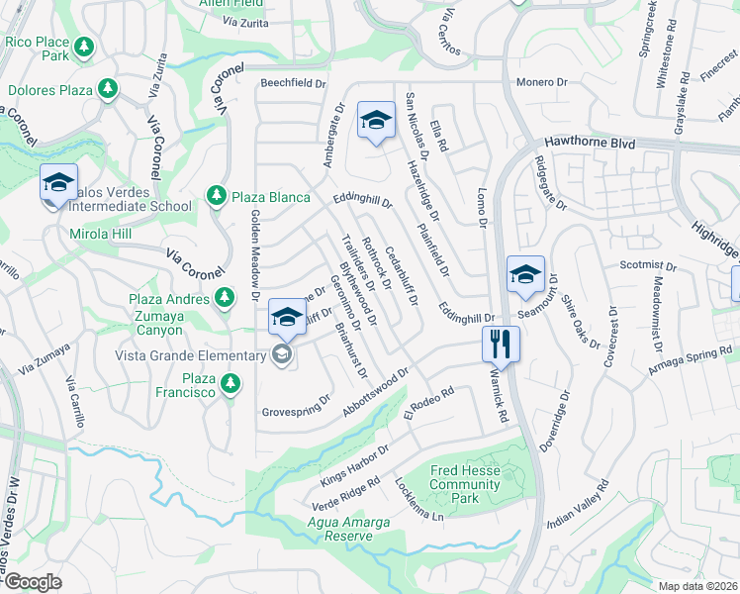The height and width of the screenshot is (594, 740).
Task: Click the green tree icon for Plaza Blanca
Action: [217, 197]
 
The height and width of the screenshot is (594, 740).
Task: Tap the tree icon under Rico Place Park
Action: [84, 48]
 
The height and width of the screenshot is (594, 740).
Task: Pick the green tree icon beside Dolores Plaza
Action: [107, 90]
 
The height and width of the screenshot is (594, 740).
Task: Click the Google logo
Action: [33, 581]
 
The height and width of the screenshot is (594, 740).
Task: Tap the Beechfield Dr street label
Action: [293, 84]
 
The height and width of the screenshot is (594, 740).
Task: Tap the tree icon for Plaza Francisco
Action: [231, 382]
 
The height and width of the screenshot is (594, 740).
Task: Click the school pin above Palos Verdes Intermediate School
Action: [58, 183]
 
